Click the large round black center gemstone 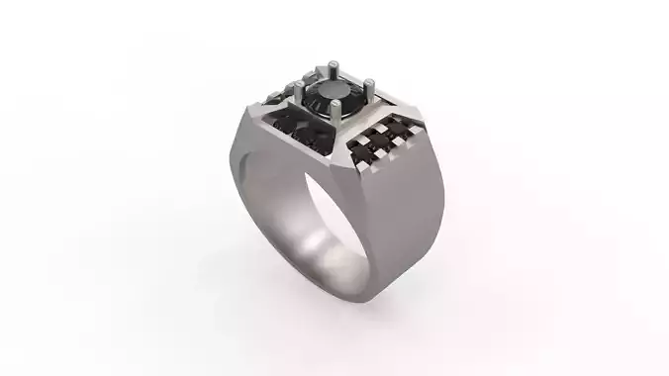[x=327, y=97]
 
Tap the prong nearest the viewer [x=337, y=112]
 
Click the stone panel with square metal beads [x=382, y=136]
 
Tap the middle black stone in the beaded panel [x=384, y=138]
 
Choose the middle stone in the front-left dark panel [x=303, y=130]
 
